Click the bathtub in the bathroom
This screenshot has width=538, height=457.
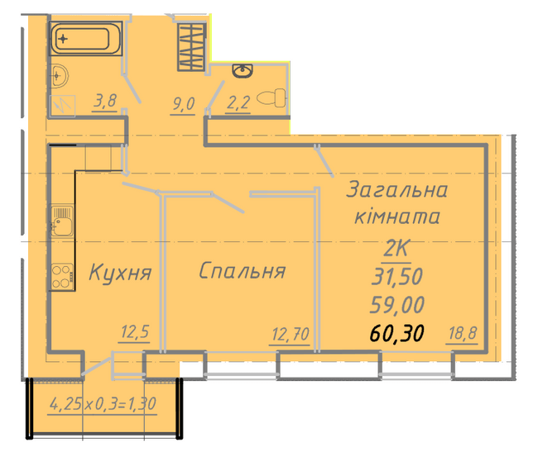pos(85,38)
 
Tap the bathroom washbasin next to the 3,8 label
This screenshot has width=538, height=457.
pos(60,75)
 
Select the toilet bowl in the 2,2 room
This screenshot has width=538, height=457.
pos(271,98)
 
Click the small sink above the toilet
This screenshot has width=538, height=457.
pos(243,71)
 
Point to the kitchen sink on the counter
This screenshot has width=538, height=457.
pos(62,221)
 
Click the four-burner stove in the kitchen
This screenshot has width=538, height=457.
pos(62,277)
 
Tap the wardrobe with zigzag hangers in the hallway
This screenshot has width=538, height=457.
pos(191,47)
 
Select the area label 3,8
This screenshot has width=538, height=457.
pos(105,101)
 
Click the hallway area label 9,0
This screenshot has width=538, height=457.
pos(183,104)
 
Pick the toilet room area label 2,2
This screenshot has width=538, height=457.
pos(238,102)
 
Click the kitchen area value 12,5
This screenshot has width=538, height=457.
pos(135,332)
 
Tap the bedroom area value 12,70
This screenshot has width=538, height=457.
pos(290,334)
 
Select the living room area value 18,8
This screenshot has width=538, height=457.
pos(463,332)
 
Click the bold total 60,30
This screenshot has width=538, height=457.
pos(396,333)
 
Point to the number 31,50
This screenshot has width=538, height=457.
pos(397,277)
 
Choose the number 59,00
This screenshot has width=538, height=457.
pos(397,305)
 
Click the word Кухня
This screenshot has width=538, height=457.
pos(120,273)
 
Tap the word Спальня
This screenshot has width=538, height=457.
pos(242,270)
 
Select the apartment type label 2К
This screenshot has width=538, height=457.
pos(396,248)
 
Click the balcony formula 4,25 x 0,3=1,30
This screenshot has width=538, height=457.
pos(103,404)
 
